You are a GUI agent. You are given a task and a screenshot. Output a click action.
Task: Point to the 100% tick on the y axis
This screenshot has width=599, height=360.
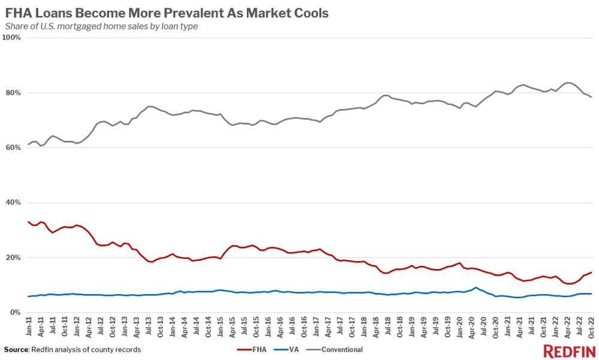[12, 38]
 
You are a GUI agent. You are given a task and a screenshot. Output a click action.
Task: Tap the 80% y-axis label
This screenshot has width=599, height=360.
[13, 93]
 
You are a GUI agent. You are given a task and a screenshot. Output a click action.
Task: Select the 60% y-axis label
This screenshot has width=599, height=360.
[13, 148]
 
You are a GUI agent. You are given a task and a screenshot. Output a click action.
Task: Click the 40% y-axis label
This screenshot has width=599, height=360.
[13, 203]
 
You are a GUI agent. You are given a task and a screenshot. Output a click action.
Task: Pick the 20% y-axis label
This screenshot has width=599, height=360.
[13, 258]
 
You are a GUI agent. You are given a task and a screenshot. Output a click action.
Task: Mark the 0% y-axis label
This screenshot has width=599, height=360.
[15, 313]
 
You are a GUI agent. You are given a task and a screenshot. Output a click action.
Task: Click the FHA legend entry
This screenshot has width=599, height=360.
[255, 349]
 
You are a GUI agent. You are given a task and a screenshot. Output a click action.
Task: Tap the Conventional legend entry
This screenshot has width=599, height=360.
[335, 349]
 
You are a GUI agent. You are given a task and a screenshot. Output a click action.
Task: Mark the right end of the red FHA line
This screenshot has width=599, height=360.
[592, 273]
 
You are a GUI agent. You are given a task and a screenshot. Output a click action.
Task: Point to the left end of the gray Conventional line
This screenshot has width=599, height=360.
[29, 144]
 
